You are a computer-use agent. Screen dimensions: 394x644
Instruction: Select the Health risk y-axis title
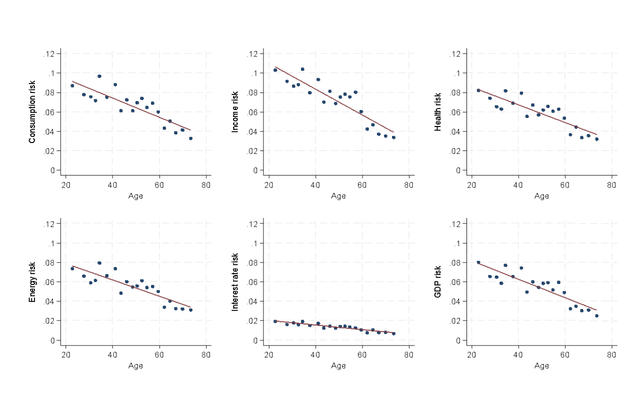(438, 112)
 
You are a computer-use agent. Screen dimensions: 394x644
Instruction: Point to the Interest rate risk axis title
(235, 282)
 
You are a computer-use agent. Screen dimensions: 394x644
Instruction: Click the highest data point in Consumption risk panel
(99, 76)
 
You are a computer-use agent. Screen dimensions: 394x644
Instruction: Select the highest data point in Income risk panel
(302, 69)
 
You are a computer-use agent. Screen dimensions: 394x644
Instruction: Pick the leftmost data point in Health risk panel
(478, 90)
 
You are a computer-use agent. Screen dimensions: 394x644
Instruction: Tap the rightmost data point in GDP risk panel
(596, 315)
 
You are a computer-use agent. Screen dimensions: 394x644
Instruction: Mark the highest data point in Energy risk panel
(99, 263)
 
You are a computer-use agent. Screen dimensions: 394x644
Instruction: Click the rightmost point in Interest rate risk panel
(393, 333)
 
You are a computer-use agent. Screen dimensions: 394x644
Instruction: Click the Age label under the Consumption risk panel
(135, 196)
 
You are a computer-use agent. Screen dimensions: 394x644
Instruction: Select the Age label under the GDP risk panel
(541, 366)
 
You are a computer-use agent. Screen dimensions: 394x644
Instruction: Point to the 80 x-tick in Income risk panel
(408, 185)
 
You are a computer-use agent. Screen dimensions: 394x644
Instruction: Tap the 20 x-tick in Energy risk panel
(65, 355)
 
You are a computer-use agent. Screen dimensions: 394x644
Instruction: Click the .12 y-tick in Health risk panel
(459, 53)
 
